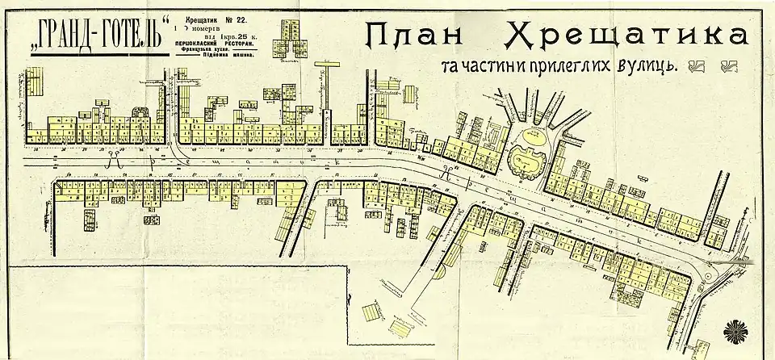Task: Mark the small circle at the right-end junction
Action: [710, 275]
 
